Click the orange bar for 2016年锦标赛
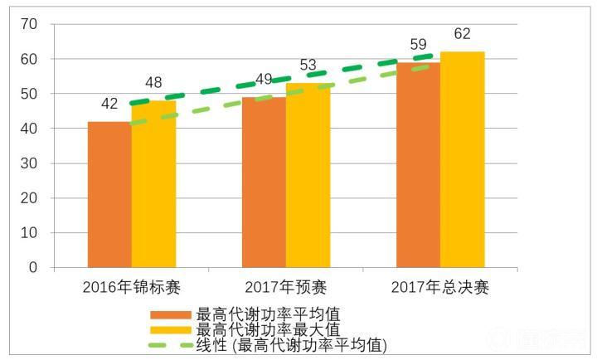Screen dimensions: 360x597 tap(109, 195)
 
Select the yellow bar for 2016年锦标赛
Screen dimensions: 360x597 tap(153, 184)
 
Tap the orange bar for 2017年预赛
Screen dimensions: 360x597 tap(264, 182)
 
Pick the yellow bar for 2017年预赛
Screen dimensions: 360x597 tap(308, 176)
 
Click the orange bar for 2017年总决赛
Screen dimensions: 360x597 tap(418, 165)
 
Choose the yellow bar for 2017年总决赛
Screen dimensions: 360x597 tap(462, 159)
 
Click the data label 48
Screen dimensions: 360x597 tap(153, 83)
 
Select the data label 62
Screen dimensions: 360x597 tap(462, 34)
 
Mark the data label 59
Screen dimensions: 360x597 tap(418, 45)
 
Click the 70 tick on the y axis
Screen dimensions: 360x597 tap(28, 24)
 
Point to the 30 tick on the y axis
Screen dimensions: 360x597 tap(28, 163)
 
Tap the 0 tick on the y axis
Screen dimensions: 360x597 tap(32, 268)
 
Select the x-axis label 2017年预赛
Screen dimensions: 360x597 tap(285, 288)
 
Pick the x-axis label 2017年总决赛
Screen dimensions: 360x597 tap(439, 288)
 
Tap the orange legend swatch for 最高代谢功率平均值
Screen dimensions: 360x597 tap(170, 315)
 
